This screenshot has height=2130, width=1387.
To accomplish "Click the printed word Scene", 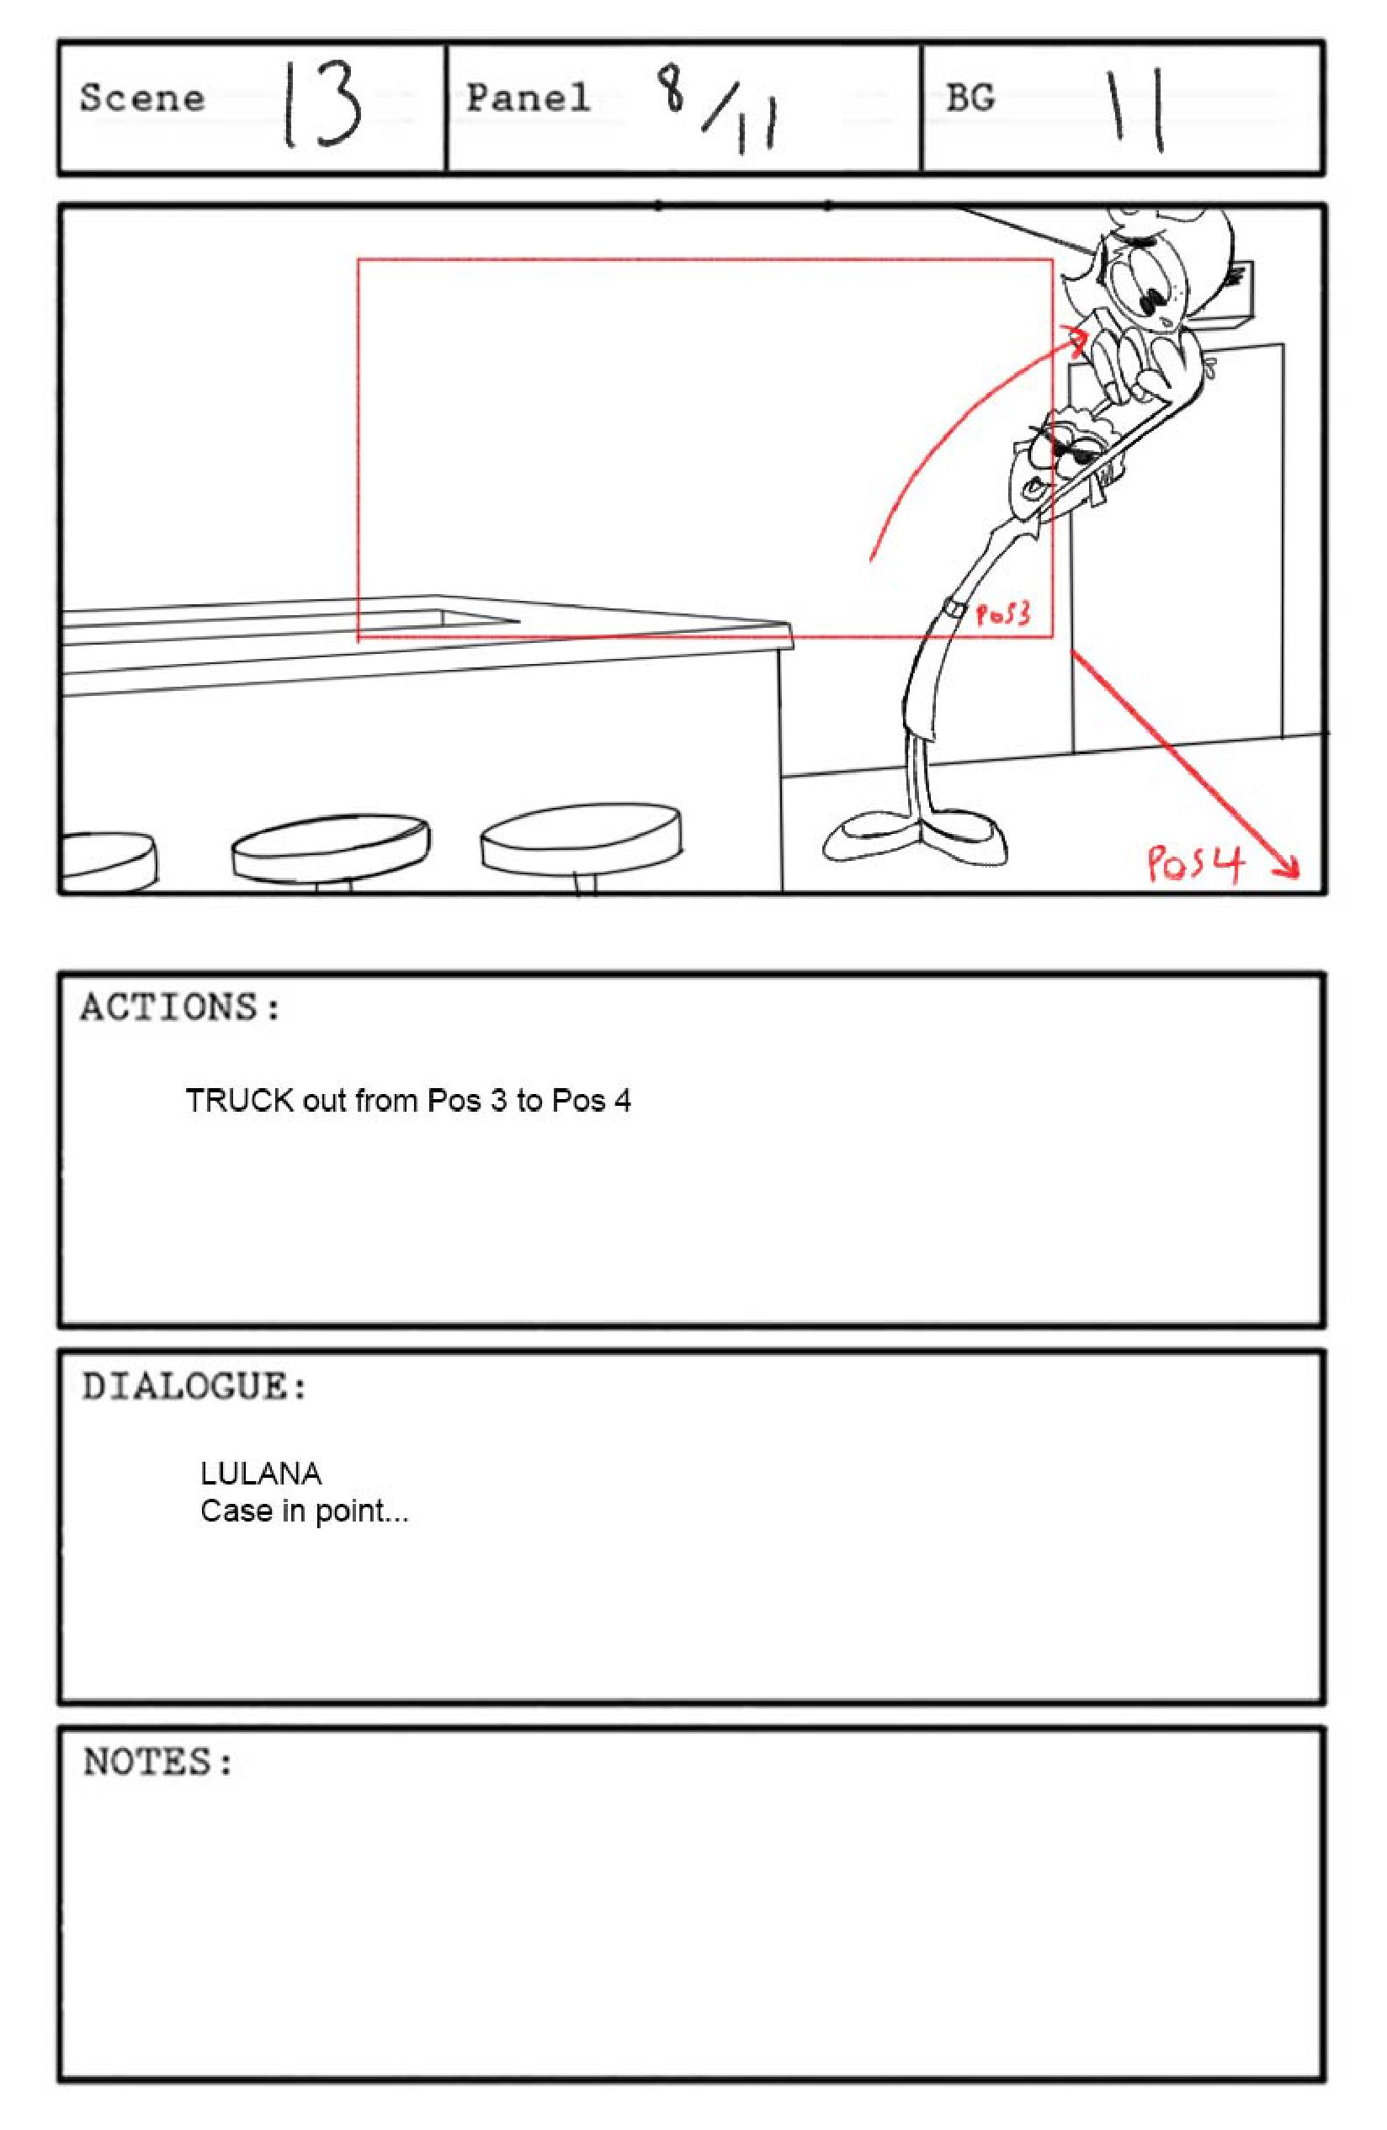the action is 142,98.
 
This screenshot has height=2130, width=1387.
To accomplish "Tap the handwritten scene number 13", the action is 323,104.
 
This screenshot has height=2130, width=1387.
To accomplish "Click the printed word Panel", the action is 528,98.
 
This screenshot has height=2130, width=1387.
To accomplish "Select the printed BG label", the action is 970,98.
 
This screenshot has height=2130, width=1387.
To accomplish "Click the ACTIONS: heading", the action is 181,1007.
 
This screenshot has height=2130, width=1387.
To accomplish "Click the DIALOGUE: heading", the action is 195,1386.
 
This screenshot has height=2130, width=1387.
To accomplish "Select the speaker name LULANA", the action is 260,1473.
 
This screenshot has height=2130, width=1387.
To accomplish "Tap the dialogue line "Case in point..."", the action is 304,1511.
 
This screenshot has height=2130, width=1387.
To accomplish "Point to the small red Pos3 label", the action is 1002,614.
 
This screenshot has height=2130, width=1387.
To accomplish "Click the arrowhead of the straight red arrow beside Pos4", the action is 1289,866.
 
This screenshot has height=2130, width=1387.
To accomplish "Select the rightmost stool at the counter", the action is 581,842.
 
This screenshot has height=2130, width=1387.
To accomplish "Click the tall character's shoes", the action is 914,837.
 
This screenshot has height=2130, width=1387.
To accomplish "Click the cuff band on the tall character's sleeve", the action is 954,609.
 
